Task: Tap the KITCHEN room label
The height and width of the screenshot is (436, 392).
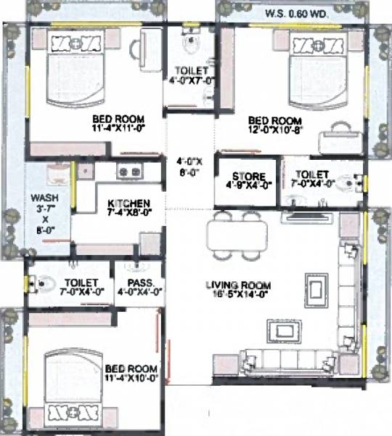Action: pyautogui.click(x=128, y=203)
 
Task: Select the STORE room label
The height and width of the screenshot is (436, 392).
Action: pyautogui.click(x=248, y=176)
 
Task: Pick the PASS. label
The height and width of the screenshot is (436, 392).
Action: pyautogui.click(x=139, y=282)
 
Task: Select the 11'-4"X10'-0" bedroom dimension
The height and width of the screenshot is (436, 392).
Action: pyautogui.click(x=130, y=378)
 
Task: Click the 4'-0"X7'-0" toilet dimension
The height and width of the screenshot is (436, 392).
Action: pyautogui.click(x=191, y=81)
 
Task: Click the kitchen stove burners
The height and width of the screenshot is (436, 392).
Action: pyautogui.click(x=128, y=172)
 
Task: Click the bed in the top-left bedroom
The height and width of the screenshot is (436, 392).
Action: pyautogui.click(x=71, y=70)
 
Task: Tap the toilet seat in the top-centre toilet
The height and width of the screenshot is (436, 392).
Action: pyautogui.click(x=191, y=44)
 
